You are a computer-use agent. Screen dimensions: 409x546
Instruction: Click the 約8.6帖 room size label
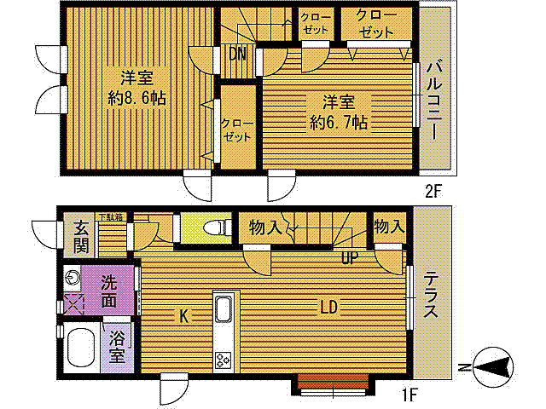click(x=136, y=97)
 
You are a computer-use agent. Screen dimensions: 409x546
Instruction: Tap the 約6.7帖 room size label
click(x=338, y=123)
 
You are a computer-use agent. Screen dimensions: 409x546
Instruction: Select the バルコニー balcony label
click(x=434, y=100)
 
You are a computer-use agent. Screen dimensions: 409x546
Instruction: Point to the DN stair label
click(x=238, y=55)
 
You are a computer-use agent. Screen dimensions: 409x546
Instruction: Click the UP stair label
click(x=350, y=256)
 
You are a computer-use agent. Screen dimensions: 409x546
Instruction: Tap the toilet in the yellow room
click(x=218, y=228)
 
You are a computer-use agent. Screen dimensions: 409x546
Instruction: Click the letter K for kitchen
click(x=183, y=316)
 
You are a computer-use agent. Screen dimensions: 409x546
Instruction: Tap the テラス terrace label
click(x=432, y=294)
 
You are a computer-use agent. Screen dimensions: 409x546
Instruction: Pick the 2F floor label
click(x=434, y=190)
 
